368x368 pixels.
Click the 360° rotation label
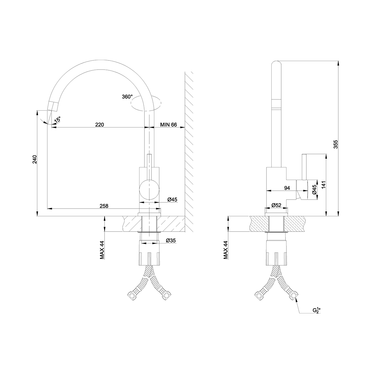click(127, 97)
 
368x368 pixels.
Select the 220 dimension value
click(100, 125)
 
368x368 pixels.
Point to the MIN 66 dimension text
click(168, 125)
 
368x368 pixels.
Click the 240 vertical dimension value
click(35, 159)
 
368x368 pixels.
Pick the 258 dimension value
click(104, 206)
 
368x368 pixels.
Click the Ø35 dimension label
click(171, 241)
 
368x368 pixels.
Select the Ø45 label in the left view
click(172, 200)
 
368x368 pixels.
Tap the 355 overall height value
click(335, 144)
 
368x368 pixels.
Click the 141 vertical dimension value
click(324, 185)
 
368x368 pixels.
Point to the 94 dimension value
click(287, 188)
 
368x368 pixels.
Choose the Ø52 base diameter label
click(276, 205)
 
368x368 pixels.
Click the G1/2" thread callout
click(316, 310)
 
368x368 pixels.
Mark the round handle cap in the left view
click(149, 189)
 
